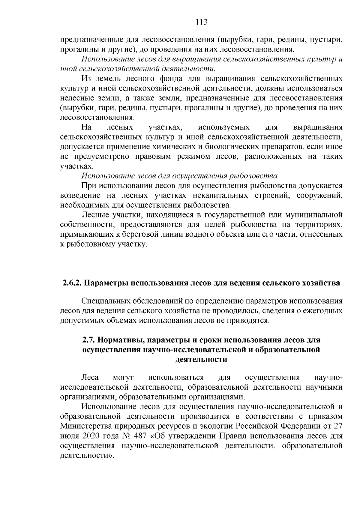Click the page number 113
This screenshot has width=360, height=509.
(201, 22)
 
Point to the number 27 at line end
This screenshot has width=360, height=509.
(338, 426)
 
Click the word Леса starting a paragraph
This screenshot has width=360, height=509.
(90, 377)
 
